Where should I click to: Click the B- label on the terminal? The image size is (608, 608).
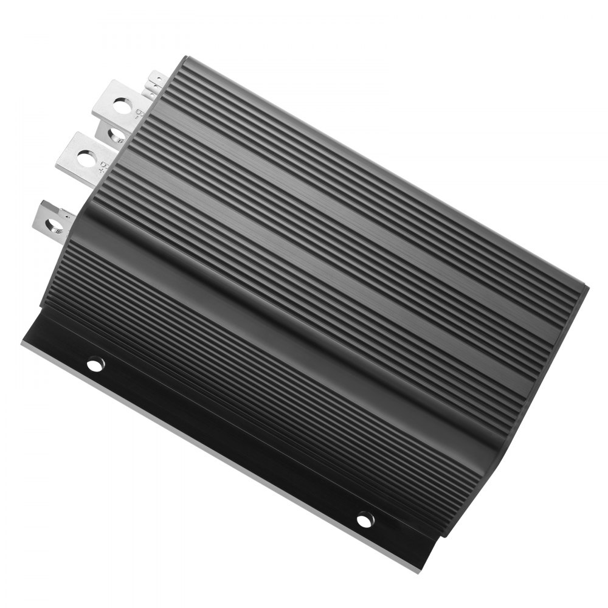coord(139,113)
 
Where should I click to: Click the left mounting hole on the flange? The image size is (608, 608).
coord(95,364)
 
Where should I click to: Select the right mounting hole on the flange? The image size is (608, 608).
coord(365,519)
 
